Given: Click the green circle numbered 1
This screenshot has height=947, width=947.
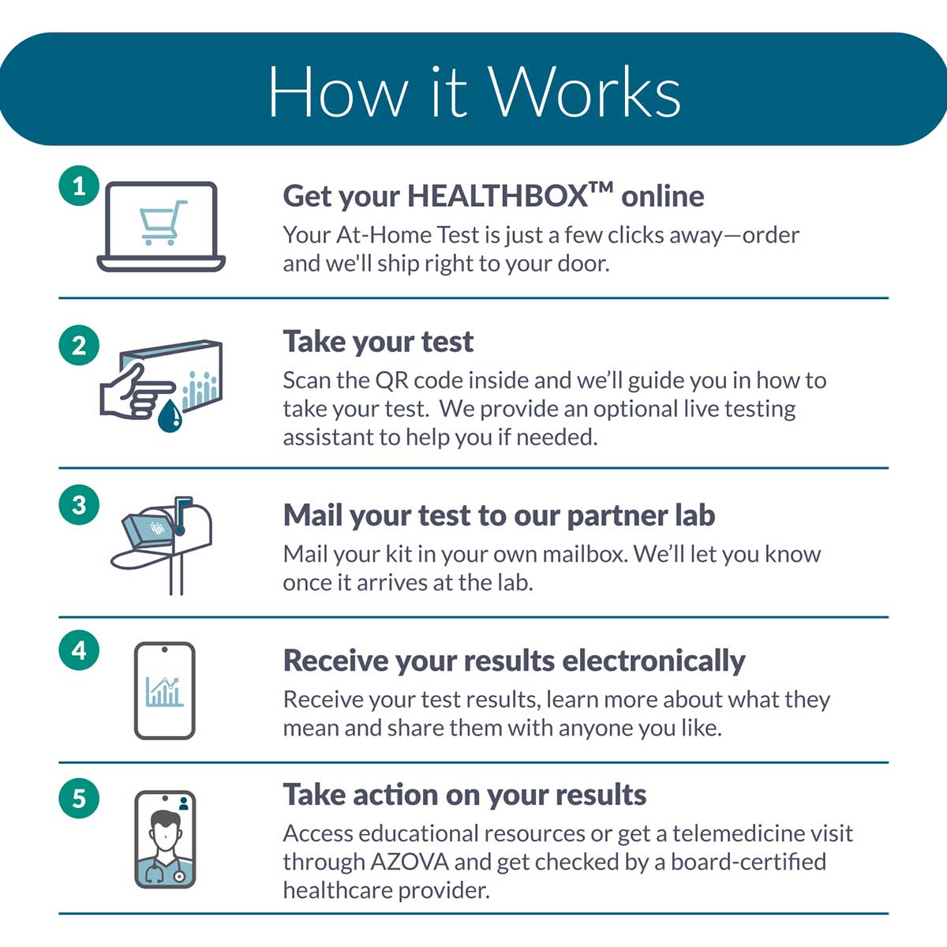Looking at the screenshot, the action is point(79,185).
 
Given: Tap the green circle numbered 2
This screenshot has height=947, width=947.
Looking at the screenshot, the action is point(79,345).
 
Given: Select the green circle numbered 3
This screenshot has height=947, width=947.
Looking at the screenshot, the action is point(79,505).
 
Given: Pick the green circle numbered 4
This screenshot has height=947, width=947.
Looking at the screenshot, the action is point(79,650).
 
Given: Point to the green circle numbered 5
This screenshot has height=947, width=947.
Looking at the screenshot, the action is point(79,798).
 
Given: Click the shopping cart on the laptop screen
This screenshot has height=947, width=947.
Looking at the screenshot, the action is point(163,223).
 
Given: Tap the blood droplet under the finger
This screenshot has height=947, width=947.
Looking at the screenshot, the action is point(170,416).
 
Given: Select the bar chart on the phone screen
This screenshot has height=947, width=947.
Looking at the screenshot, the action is point(165,691).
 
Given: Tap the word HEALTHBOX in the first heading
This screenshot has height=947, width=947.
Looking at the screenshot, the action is point(497,196).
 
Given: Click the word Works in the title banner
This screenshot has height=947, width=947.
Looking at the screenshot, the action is point(586,92).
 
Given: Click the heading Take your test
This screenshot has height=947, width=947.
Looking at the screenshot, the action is point(378,342).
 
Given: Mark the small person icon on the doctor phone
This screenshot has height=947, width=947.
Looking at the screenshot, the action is point(184,803).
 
